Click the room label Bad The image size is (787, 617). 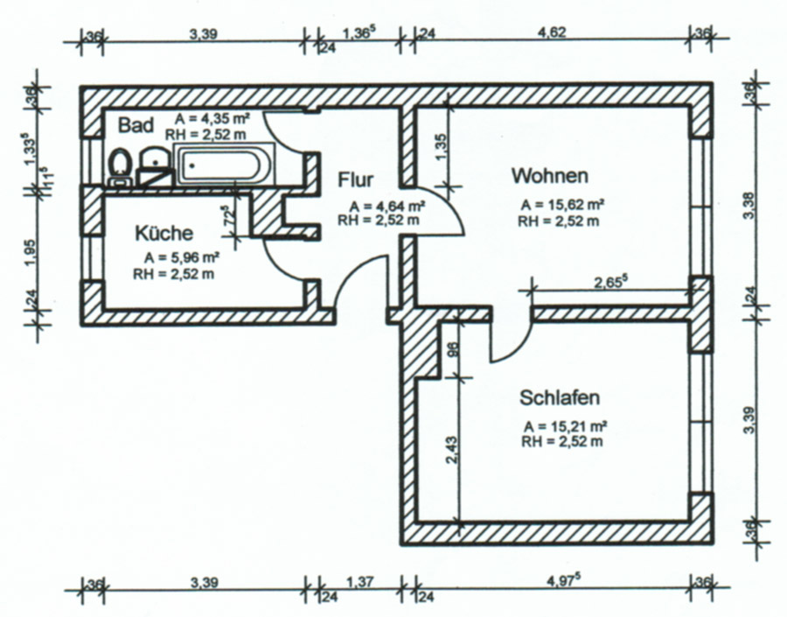click(x=136, y=125)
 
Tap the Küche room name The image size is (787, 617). click(x=164, y=233)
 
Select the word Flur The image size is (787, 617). click(x=355, y=179)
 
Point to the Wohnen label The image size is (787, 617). click(x=550, y=176)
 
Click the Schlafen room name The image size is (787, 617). click(x=560, y=397)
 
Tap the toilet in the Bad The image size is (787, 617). click(x=120, y=167)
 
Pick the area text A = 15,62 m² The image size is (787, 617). click(x=562, y=205)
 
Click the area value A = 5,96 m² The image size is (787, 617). click(x=182, y=258)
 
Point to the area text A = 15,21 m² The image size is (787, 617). click(x=566, y=426)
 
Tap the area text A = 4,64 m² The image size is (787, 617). click(x=387, y=206)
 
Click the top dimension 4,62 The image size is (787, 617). click(x=552, y=32)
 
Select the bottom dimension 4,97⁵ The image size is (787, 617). click(x=561, y=581)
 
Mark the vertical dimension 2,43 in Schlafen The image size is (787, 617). click(x=451, y=450)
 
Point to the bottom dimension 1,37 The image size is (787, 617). click(x=360, y=582)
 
